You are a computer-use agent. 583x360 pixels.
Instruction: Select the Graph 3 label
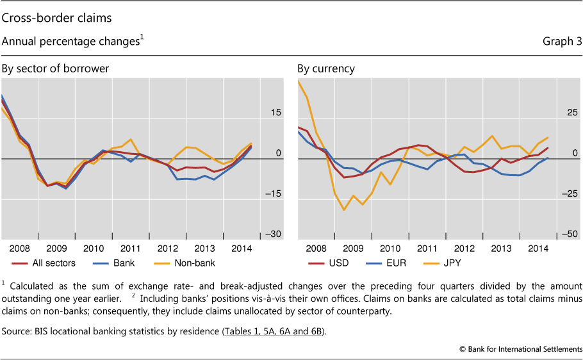tap(561, 42)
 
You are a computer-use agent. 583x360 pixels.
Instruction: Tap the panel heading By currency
tap(325, 69)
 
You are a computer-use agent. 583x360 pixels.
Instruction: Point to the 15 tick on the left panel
tap(275, 113)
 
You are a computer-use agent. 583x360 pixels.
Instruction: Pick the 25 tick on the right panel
tap(571, 113)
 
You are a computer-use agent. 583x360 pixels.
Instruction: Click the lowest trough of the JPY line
tap(344, 209)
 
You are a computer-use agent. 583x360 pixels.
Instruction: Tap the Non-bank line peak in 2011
tap(131, 139)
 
